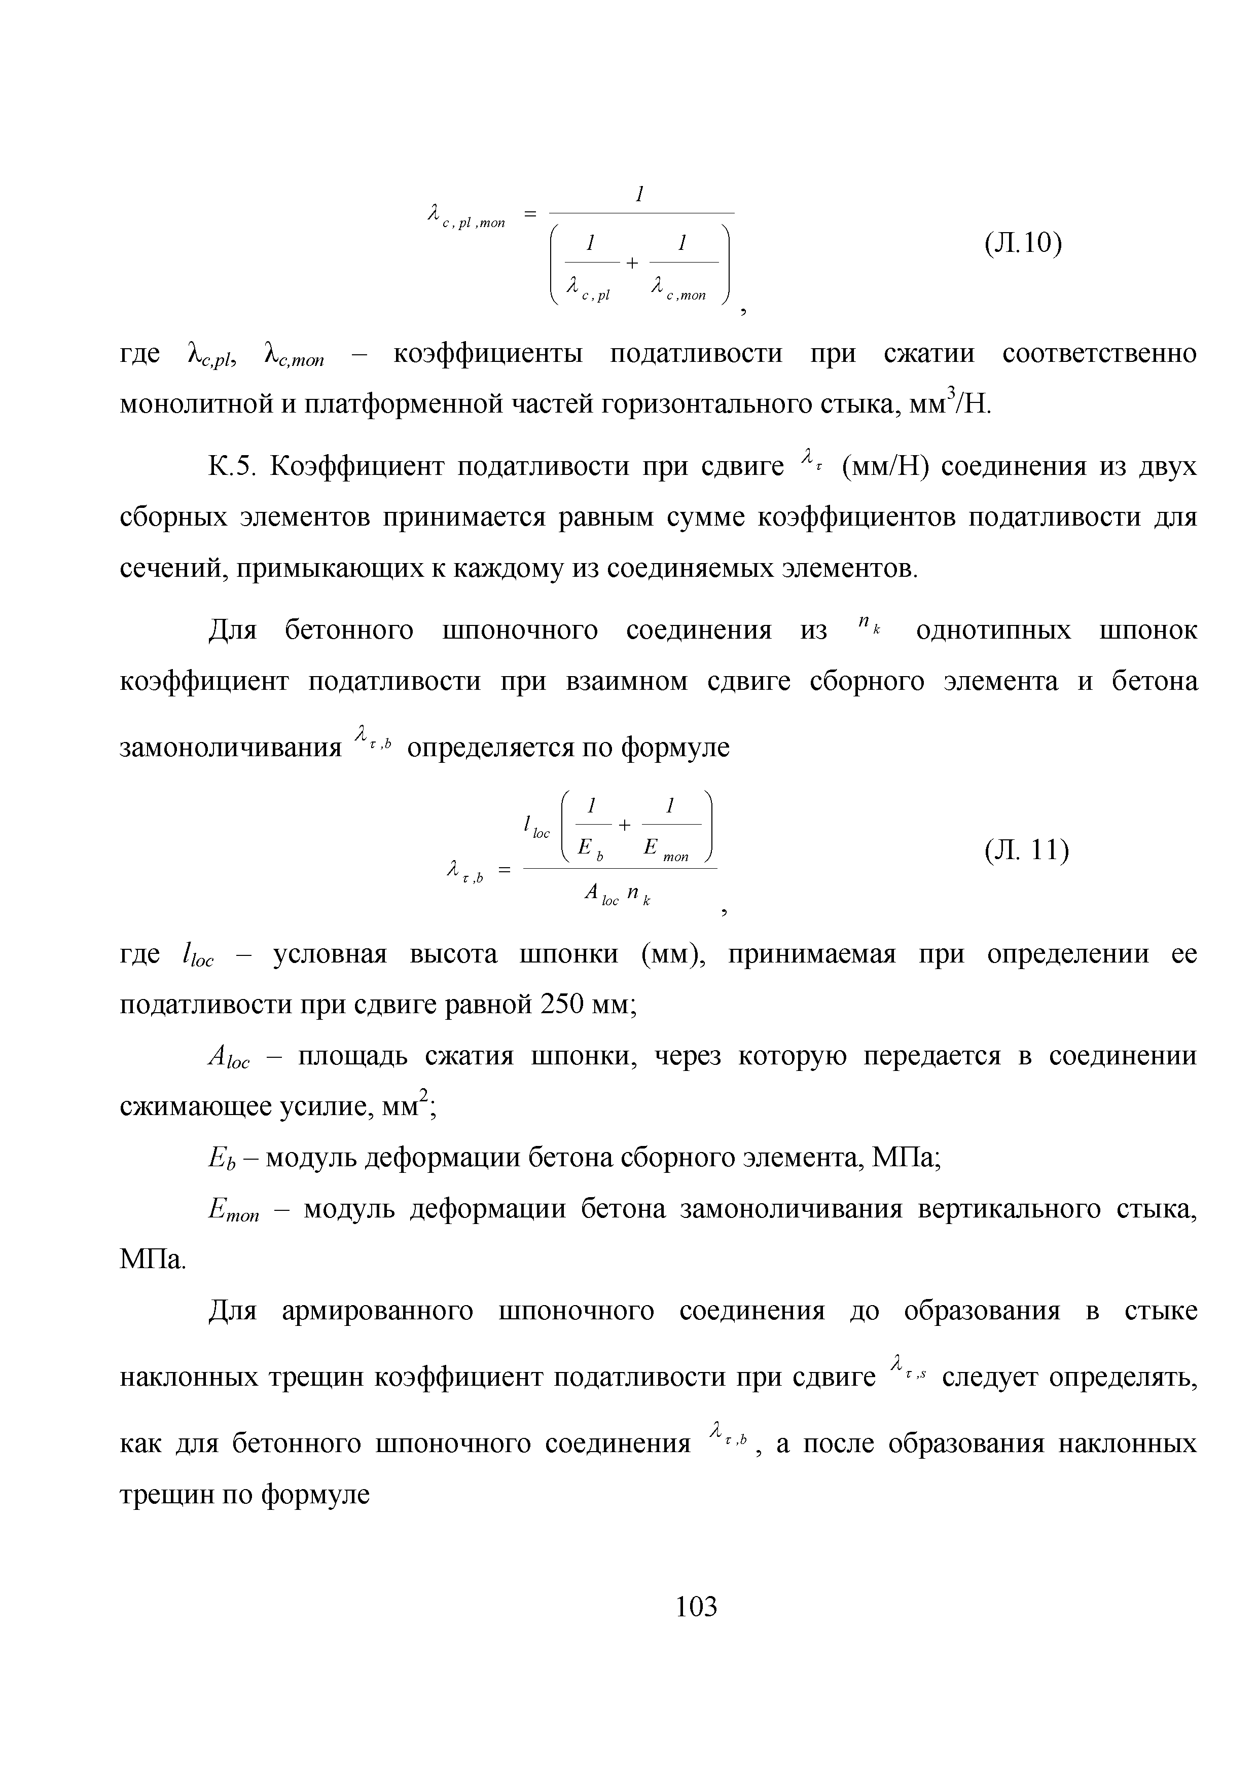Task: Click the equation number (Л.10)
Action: pyautogui.click(x=1023, y=243)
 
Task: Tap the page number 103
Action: pyautogui.click(x=696, y=1607)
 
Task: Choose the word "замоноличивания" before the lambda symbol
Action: pyautogui.click(x=230, y=748)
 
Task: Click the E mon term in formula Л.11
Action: pyautogui.click(x=665, y=850)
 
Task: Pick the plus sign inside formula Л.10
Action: pyautogui.click(x=632, y=263)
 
